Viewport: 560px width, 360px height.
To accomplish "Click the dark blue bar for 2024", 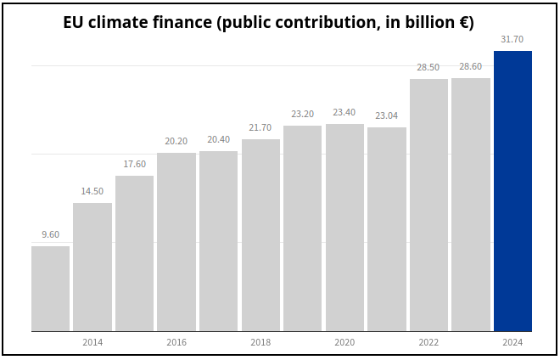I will coord(512,191).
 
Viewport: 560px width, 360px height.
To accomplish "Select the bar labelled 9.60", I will coord(50,289).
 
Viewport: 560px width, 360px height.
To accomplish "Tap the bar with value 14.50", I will coord(92,267).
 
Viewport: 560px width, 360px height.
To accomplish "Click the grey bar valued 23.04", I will coord(386,229).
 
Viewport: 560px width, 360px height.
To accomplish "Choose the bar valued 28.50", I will coord(428,205).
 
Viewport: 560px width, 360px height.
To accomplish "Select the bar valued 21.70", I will coord(260,235).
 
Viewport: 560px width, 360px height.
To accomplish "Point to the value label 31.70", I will coord(512,39).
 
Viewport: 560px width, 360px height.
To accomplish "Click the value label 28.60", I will coord(470,66).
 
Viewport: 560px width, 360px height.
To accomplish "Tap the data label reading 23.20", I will coord(302,114).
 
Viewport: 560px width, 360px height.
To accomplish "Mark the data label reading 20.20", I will coord(176,141).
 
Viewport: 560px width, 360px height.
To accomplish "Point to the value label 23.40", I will coord(344,112).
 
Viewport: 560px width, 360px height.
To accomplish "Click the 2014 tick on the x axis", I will coord(92,342).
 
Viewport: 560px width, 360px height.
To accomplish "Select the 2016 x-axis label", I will coord(176,342).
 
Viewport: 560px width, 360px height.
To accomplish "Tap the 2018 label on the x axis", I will coord(260,342).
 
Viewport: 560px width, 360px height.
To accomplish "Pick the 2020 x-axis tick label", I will coord(344,342).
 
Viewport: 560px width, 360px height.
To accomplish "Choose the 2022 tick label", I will coord(428,342).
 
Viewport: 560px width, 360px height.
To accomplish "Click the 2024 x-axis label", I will coord(512,342).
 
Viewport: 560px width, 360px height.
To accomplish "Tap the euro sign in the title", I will coord(464,23).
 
